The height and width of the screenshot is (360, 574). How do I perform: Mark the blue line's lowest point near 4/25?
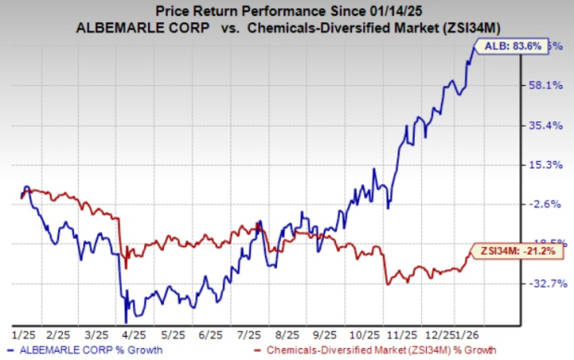(126, 319)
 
